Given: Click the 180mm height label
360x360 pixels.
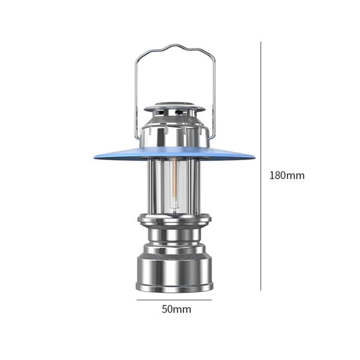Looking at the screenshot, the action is pos(287,176).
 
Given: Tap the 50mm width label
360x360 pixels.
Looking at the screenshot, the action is pos(176,309).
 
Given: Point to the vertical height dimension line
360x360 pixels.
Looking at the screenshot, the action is pos(260,166).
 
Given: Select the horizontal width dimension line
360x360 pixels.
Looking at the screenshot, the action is pos(174,299).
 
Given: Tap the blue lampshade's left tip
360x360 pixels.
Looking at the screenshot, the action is pos(95,157).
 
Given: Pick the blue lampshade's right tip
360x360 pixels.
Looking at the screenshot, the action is pos(254,157).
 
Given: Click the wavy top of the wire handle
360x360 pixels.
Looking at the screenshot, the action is pos(175,47).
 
